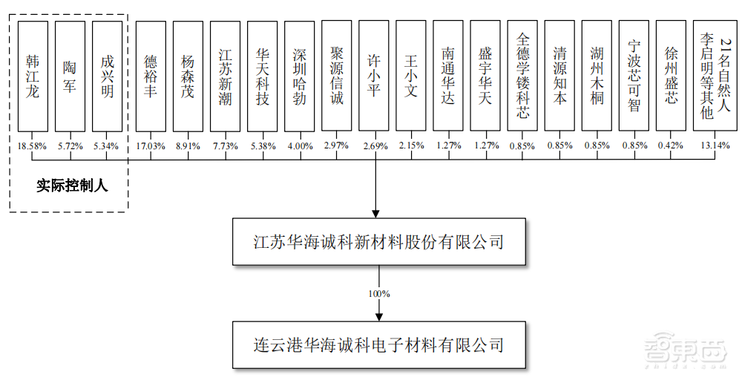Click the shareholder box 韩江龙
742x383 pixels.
33,76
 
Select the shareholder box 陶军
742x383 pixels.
70,76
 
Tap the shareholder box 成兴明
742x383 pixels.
107,76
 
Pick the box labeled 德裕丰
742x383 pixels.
151,76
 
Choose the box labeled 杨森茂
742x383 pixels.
188,76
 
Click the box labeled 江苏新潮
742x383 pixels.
225,76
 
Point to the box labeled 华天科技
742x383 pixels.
262,76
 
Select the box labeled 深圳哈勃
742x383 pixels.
299,76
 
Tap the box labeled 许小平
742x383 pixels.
374,76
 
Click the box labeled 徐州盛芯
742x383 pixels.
671,76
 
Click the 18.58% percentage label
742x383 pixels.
32,146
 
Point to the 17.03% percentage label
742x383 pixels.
151,146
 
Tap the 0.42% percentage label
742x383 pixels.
671,146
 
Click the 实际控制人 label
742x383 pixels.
72,186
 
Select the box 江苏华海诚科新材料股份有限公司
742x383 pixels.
378,242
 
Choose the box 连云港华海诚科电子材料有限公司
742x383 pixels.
378,344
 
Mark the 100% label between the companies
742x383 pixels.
379,294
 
